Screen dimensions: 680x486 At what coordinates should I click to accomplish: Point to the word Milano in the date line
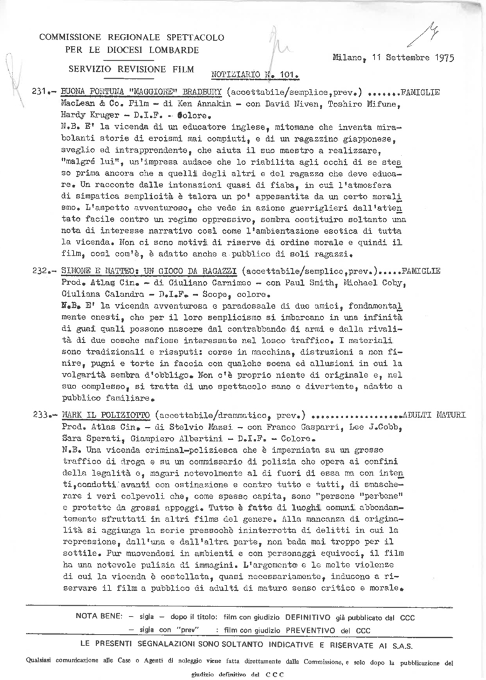pos(347,58)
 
